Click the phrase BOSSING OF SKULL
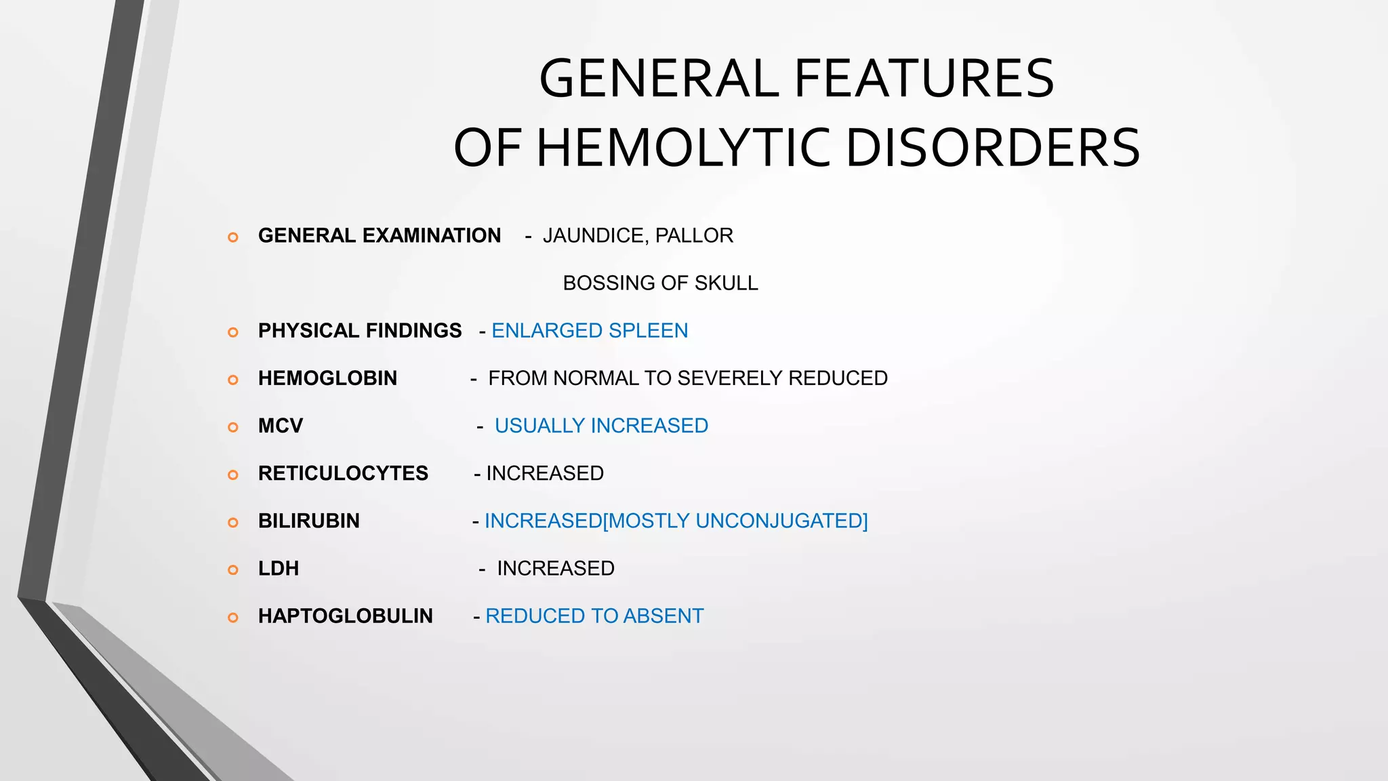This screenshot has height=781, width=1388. point(660,283)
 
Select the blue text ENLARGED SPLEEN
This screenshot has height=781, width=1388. point(590,330)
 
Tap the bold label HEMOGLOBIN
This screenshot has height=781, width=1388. point(327,378)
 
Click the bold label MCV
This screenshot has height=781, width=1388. point(280,426)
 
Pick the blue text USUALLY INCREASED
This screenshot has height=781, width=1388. point(601,426)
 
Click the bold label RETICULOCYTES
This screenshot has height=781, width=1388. point(343,473)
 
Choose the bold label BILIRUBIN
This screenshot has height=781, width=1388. point(308,521)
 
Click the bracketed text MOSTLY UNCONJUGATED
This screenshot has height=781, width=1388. point(735,521)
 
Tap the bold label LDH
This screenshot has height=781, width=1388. point(278,568)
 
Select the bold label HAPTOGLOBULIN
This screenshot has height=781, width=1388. point(345,616)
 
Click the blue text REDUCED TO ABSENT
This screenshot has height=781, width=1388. point(594,616)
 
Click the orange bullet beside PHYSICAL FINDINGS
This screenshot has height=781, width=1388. point(232,332)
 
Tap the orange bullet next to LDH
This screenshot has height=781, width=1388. point(232,570)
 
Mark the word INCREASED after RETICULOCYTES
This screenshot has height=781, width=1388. point(545,473)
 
